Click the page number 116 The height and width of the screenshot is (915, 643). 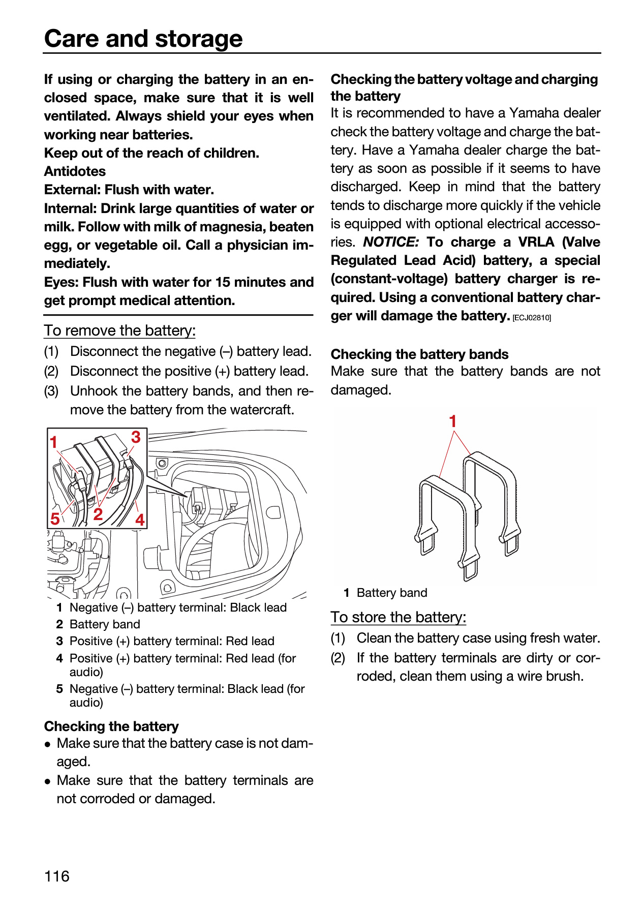coord(57,876)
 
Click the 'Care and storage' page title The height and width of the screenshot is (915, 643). coord(143,39)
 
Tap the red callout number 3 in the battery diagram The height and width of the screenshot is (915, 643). coord(136,437)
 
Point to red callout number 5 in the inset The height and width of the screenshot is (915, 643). coord(55,518)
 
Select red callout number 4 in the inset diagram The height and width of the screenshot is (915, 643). coord(140,520)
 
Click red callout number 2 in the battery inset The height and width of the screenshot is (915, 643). coord(98,514)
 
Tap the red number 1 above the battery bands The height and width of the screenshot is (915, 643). coord(453,421)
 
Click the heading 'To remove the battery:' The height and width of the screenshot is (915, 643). coord(120,330)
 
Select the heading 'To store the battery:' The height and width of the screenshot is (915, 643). coord(399,617)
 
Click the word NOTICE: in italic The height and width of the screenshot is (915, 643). coord(391,242)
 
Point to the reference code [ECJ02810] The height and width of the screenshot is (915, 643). coord(532,318)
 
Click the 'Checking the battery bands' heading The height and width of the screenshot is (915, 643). coord(420,354)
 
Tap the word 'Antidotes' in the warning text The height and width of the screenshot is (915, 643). coord(75,171)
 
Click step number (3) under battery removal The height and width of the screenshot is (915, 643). coord(51,391)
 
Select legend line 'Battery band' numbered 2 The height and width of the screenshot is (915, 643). coord(99,624)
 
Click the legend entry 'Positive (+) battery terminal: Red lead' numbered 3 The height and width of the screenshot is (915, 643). coord(166,641)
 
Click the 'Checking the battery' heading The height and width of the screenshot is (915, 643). coord(112,726)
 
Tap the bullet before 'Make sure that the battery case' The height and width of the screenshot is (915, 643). coord(47,744)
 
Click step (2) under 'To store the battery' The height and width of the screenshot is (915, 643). coord(338,658)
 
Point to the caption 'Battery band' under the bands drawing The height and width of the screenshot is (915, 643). coord(392,593)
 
